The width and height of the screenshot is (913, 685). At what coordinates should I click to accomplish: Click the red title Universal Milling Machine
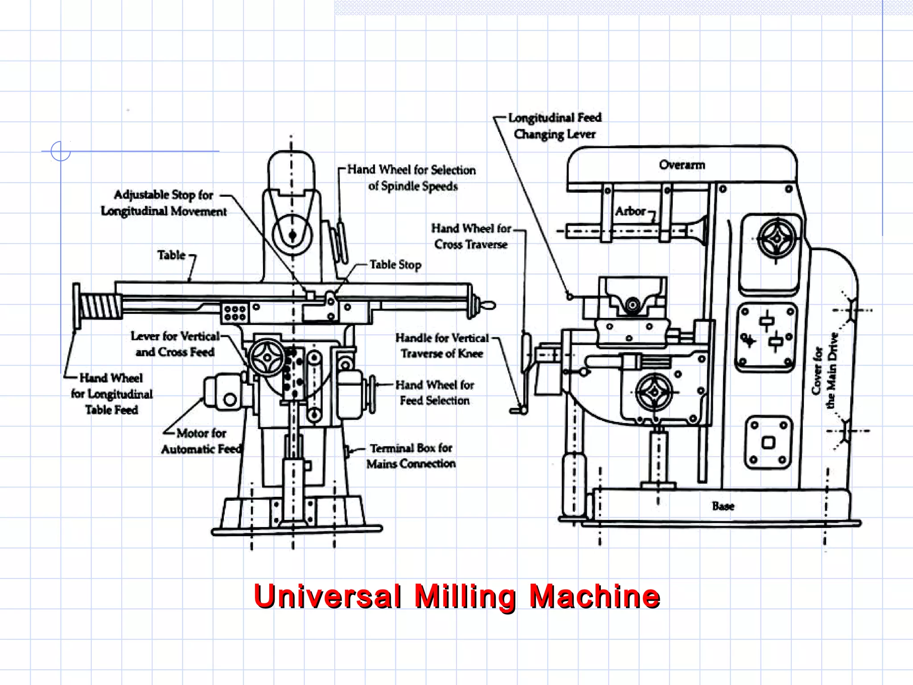click(456, 596)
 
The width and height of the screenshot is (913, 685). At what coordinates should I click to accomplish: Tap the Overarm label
click(682, 165)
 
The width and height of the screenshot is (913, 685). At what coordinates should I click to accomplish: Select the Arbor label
click(630, 211)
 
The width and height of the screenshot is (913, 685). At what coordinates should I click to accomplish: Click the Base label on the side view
click(723, 506)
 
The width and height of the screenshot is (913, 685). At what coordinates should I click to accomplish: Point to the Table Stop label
click(395, 265)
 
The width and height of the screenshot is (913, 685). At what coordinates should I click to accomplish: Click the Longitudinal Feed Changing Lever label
click(555, 126)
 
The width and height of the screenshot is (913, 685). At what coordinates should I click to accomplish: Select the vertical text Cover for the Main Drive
click(824, 370)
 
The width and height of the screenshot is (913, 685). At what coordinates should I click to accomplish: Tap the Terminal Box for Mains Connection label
click(411, 456)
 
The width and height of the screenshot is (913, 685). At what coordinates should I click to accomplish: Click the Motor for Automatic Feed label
click(201, 441)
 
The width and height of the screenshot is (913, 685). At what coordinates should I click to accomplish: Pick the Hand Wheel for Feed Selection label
click(434, 392)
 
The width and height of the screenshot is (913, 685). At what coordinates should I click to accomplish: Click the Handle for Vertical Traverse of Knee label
click(442, 346)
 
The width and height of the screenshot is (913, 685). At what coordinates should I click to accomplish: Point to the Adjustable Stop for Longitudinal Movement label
click(164, 203)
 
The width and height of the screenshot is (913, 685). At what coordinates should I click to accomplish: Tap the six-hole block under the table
click(235, 313)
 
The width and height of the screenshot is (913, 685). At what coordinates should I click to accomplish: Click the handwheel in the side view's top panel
click(777, 239)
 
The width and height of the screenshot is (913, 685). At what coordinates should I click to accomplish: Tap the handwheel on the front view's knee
click(267, 357)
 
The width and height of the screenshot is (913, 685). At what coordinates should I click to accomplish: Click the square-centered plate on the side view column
click(768, 443)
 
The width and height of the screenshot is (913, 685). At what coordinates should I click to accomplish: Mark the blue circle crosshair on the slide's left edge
click(61, 151)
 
